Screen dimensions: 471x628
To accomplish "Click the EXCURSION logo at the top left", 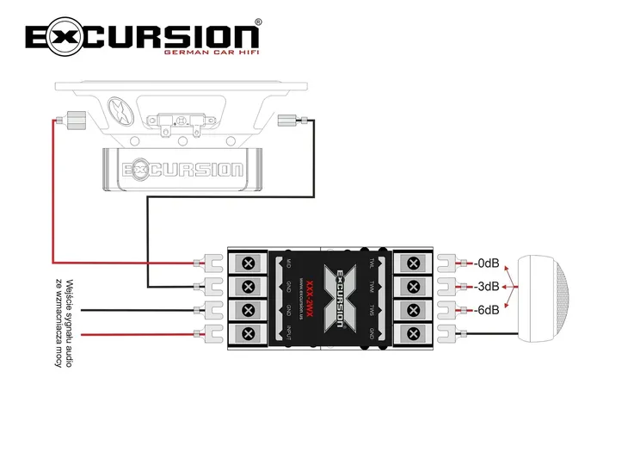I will (142, 36).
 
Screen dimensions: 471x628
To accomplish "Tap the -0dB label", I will (487, 263).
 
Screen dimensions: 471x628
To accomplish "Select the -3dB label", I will (487, 287).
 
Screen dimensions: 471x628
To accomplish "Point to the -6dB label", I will (487, 310).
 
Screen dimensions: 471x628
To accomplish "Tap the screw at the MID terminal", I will (249, 263).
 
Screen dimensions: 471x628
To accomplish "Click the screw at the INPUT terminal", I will (249, 333).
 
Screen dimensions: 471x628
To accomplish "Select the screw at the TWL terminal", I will (414, 263).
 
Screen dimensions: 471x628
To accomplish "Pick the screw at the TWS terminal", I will (414, 310).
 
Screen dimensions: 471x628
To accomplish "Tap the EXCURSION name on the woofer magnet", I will (182, 168).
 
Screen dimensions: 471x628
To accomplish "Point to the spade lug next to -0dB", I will (446, 263).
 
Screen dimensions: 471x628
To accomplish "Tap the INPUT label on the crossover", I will (289, 333).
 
